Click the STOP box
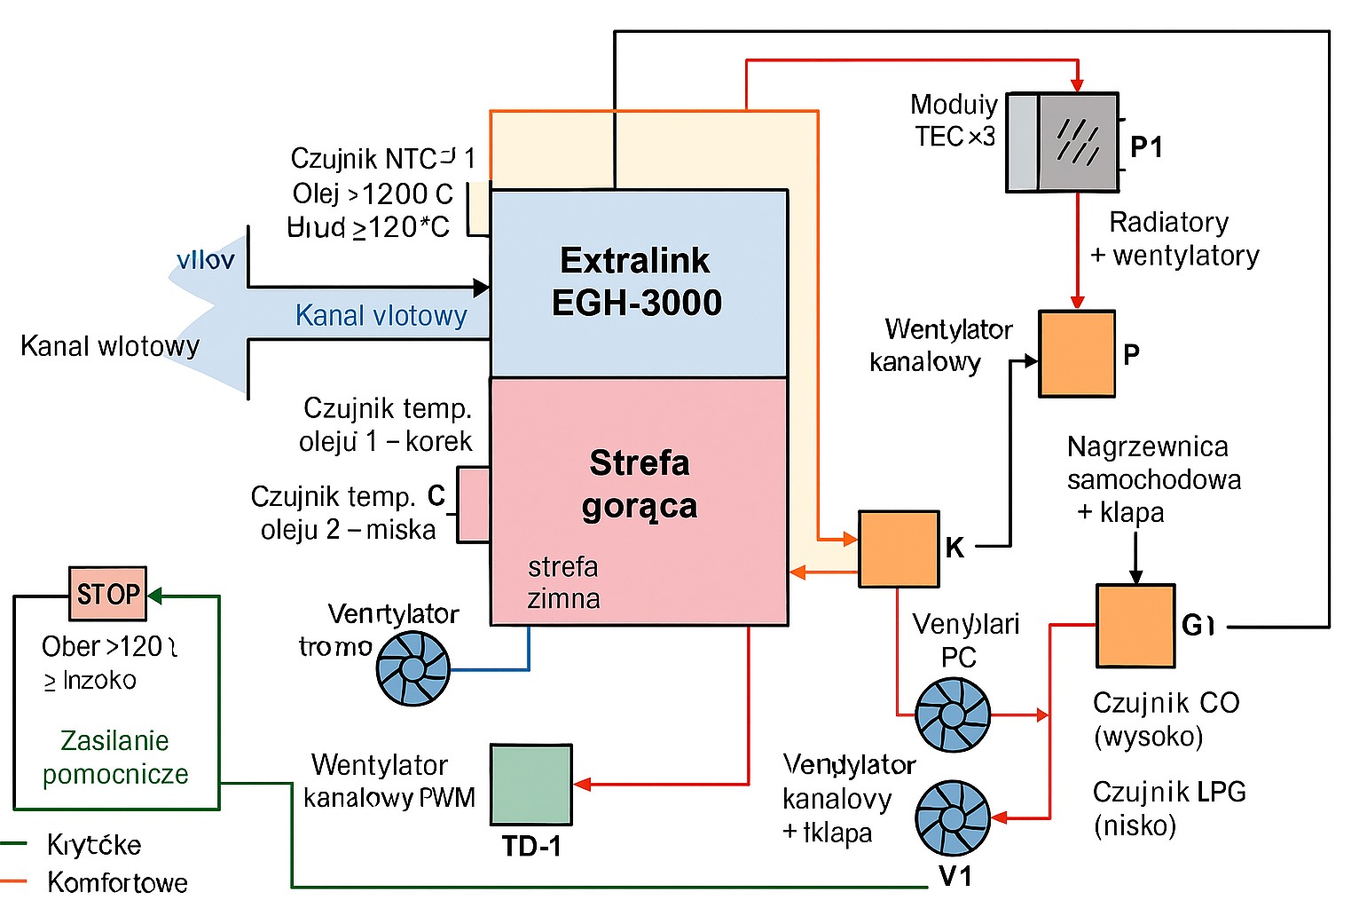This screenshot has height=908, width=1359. (108, 594)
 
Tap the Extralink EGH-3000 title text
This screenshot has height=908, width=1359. (636, 282)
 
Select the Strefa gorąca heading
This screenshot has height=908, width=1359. (640, 485)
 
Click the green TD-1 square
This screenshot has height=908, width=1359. (531, 785)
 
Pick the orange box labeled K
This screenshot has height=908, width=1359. (899, 549)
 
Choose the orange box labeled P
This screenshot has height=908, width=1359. (1077, 353)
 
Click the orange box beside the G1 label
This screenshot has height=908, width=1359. (1135, 626)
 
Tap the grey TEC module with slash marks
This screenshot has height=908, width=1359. (1078, 142)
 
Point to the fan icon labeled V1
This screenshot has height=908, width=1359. (952, 818)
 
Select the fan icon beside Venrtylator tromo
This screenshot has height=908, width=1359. (413, 668)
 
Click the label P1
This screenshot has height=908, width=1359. (1146, 146)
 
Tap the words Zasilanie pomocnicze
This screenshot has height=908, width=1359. (115, 757)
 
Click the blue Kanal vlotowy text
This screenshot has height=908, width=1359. (381, 316)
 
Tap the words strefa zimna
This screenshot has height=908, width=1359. (563, 582)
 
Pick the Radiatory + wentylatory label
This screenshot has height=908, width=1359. (1174, 239)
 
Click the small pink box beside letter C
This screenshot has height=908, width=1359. (474, 504)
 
